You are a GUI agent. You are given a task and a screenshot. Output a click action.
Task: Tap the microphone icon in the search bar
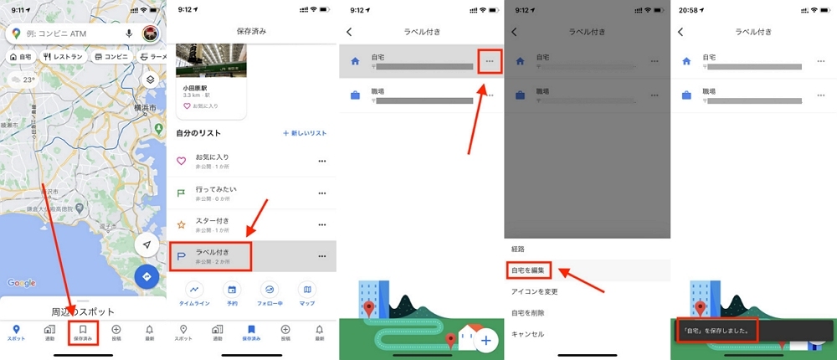129,33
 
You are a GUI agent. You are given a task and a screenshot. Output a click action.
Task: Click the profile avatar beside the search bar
151,33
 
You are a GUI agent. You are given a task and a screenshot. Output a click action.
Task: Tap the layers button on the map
150,80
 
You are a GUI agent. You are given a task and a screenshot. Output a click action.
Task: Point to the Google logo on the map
22,283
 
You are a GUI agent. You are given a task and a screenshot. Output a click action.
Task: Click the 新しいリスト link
305,133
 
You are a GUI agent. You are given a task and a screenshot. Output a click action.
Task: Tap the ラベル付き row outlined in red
211,255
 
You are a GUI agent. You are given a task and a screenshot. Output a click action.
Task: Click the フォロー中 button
270,292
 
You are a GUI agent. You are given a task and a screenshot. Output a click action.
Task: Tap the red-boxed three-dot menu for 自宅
489,62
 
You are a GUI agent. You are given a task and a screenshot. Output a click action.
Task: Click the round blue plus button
487,339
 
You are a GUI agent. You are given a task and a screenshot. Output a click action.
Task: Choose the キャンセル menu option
527,333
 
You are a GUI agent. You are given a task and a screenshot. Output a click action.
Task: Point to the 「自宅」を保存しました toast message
716,329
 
